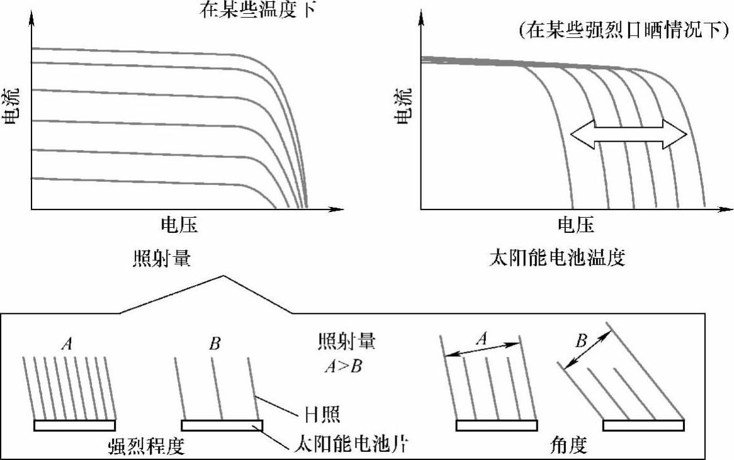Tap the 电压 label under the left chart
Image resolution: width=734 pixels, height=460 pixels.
(x=179, y=225)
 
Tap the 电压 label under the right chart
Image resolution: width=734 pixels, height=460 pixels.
(x=575, y=225)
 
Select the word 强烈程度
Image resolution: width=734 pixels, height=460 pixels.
(x=145, y=446)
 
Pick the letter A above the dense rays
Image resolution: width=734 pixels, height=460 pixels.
(x=66, y=344)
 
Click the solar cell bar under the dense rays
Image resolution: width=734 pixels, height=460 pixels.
(x=74, y=426)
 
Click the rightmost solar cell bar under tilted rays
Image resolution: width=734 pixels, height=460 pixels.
(x=643, y=426)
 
